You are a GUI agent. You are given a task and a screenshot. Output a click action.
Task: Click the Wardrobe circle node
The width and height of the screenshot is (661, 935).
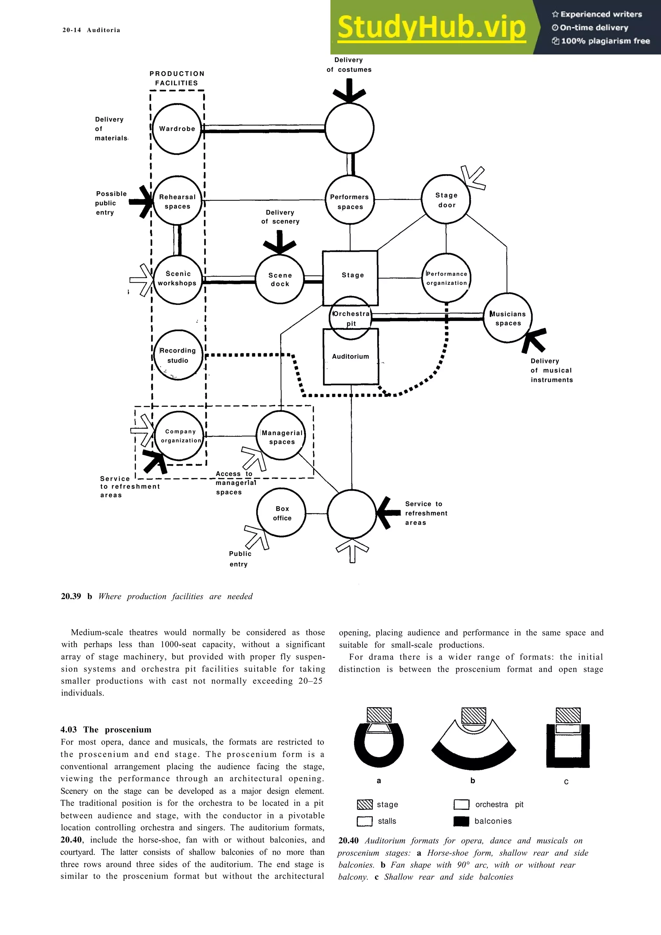pyautogui.click(x=177, y=129)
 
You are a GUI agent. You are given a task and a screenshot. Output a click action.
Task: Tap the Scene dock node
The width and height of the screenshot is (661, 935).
pyautogui.click(x=280, y=279)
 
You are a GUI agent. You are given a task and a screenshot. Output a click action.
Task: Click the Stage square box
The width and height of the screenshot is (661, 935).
pyautogui.click(x=350, y=273)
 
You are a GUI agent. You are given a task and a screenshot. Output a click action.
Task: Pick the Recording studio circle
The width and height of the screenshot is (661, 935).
pyautogui.click(x=178, y=355)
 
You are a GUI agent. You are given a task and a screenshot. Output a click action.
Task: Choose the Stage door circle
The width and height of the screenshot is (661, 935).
pyautogui.click(x=446, y=199)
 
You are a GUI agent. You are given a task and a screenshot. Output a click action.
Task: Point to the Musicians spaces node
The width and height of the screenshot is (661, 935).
pyautogui.click(x=507, y=318)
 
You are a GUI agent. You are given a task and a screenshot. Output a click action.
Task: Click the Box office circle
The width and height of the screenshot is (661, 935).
pyautogui.click(x=281, y=513)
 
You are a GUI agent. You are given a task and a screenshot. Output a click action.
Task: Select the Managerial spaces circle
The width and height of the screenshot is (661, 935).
pyautogui.click(x=281, y=436)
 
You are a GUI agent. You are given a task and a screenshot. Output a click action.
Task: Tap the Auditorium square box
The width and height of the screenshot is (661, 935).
pyautogui.click(x=351, y=357)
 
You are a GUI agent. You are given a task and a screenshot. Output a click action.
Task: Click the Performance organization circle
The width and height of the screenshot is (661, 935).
pyautogui.click(x=446, y=278)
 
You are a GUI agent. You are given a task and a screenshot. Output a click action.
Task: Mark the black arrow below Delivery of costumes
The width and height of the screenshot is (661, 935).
pyautogui.click(x=349, y=92)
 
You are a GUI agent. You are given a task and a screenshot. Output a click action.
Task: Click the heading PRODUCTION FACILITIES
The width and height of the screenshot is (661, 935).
pyautogui.click(x=177, y=78)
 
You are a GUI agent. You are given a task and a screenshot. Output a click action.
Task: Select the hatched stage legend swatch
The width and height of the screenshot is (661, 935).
pyautogui.click(x=364, y=804)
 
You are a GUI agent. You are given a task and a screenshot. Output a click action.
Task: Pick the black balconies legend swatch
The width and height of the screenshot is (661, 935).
pyautogui.click(x=461, y=821)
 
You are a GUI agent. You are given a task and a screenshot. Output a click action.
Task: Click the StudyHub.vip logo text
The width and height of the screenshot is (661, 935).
pyautogui.click(x=431, y=27)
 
